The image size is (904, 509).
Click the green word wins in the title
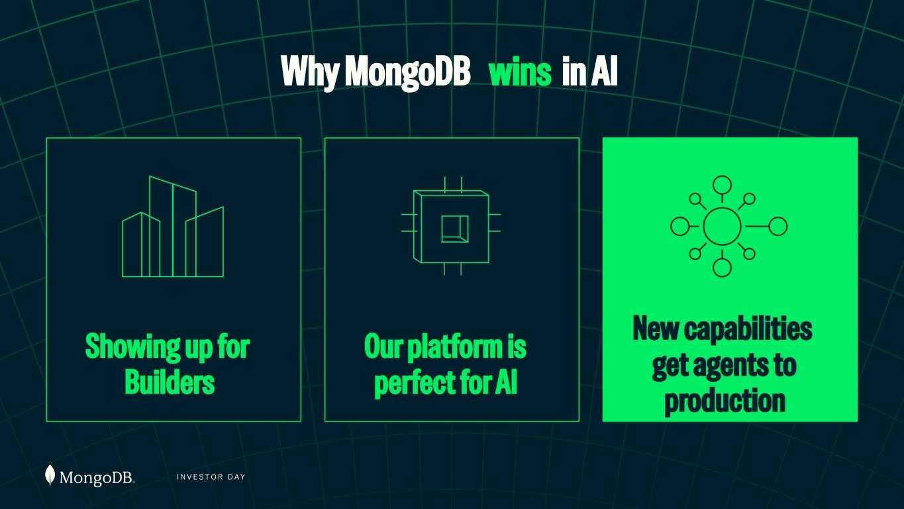click(x=520, y=72)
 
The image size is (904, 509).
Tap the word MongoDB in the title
click(x=407, y=73)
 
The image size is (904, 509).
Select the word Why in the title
click(x=309, y=73)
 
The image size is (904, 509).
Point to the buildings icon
click(x=173, y=227)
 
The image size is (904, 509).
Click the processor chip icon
click(x=451, y=226)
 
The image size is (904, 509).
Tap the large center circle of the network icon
click(x=722, y=226)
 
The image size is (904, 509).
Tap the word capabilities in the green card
click(x=748, y=329)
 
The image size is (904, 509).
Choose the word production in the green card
click(x=725, y=401)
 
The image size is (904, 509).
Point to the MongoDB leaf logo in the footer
click(x=50, y=475)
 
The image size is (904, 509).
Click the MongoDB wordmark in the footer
click(x=97, y=478)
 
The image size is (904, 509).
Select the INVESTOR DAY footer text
click(x=211, y=477)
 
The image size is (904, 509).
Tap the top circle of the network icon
click(x=722, y=186)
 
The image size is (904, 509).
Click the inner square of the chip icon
click(x=455, y=229)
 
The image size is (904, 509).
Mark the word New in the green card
click(x=656, y=328)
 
